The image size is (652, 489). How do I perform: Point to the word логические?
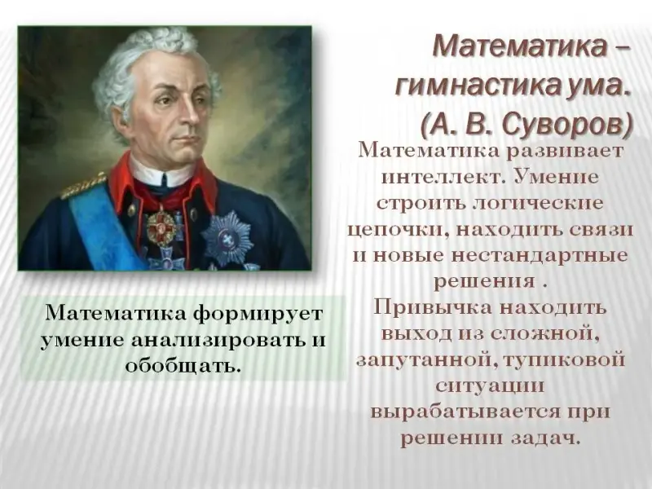pyautogui.click(x=539, y=203)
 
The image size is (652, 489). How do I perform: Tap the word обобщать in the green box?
pyautogui.click(x=183, y=366)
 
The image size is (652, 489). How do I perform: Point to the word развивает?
pyautogui.click(x=565, y=152)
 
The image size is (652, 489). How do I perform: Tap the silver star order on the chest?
pyautogui.click(x=227, y=239)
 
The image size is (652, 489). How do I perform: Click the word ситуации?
pyautogui.click(x=490, y=386)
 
